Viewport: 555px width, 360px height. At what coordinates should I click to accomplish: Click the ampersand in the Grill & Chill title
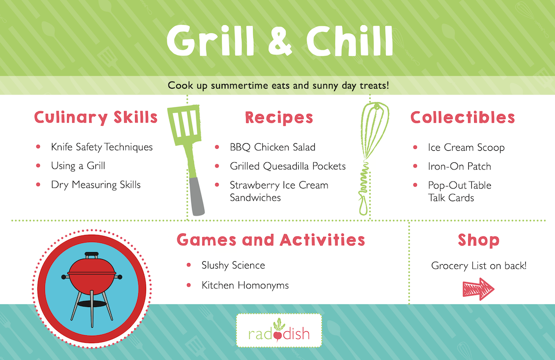[280, 41]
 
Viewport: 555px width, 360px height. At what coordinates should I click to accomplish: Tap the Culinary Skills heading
[95, 117]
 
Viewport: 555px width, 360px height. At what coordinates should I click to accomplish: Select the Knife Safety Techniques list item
[101, 147]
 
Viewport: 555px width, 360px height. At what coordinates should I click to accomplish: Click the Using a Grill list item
[78, 165]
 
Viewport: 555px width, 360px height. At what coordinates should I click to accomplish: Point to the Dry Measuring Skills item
[95, 185]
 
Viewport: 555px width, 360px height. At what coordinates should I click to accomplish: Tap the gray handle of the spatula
[196, 196]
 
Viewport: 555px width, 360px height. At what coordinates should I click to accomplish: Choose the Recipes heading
[279, 118]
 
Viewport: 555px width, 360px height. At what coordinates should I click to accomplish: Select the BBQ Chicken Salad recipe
[272, 147]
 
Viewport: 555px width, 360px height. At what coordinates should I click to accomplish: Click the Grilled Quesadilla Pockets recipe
[288, 166]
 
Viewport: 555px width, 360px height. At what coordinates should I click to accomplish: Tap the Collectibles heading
[462, 117]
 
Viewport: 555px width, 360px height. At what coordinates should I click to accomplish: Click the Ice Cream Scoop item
[466, 147]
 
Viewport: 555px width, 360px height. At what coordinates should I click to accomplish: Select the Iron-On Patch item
[460, 166]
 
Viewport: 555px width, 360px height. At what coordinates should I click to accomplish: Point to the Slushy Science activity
[233, 265]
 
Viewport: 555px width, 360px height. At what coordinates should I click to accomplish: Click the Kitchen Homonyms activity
[245, 285]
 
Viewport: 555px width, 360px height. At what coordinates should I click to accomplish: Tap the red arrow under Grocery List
[478, 289]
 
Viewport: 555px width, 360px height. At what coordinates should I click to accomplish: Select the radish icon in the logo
[279, 330]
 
